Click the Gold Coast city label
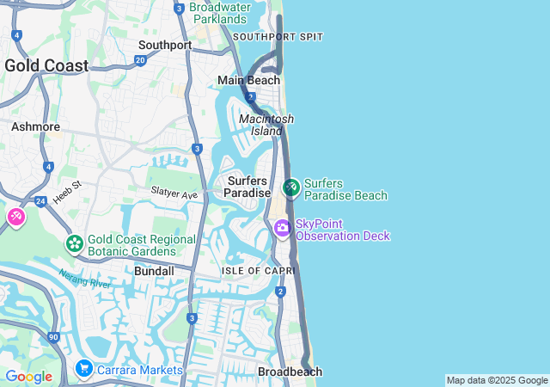pos(46,65)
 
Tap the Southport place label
pos(165,45)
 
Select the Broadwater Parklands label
pos(218,13)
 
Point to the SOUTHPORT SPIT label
pos(278,37)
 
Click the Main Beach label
pos(248,80)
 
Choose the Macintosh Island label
pos(266,125)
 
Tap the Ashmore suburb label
pos(35,126)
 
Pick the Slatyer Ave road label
pos(174,194)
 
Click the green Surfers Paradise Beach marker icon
pos(291,187)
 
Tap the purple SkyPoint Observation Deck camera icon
pos(282,229)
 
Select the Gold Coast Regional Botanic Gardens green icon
pos(75,244)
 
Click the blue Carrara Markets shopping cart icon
pos(83,369)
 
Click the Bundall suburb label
pos(155,271)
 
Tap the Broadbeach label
pos(290,372)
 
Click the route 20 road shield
pos(140,60)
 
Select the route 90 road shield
pos(53,337)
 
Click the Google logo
pos(28,377)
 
